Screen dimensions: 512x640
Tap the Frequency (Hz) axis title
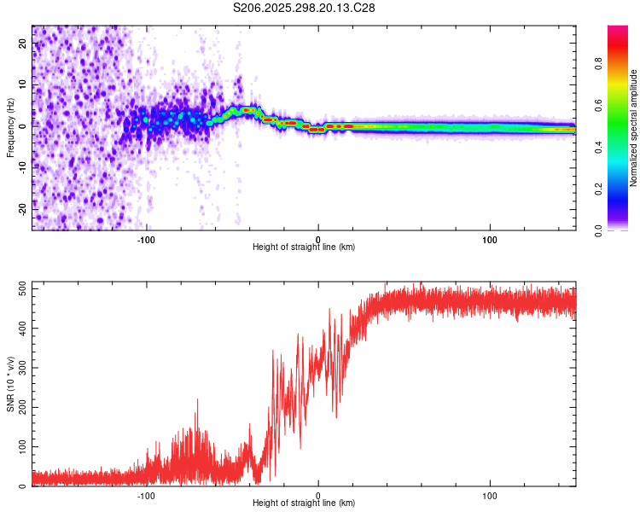point(10,127)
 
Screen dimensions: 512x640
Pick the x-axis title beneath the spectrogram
point(304,247)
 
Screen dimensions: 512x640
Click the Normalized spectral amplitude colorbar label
point(634,128)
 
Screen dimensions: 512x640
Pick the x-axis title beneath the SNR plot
point(304,504)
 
